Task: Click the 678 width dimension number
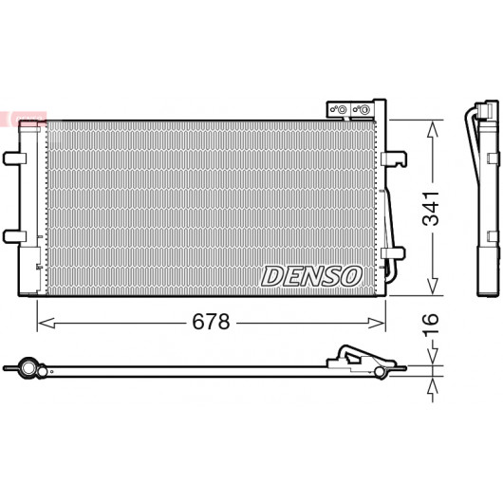tap(211, 322)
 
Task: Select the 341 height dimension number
tap(431, 209)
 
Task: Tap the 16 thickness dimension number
tap(431, 325)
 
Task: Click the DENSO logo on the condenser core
tap(312, 276)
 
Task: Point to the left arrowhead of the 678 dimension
tap(46, 323)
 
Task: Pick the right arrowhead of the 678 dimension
tap(377, 323)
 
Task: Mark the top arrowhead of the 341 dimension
tap(433, 129)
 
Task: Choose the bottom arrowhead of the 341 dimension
tap(433, 286)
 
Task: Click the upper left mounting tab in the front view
tap(15, 158)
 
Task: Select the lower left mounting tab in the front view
tap(15, 236)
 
